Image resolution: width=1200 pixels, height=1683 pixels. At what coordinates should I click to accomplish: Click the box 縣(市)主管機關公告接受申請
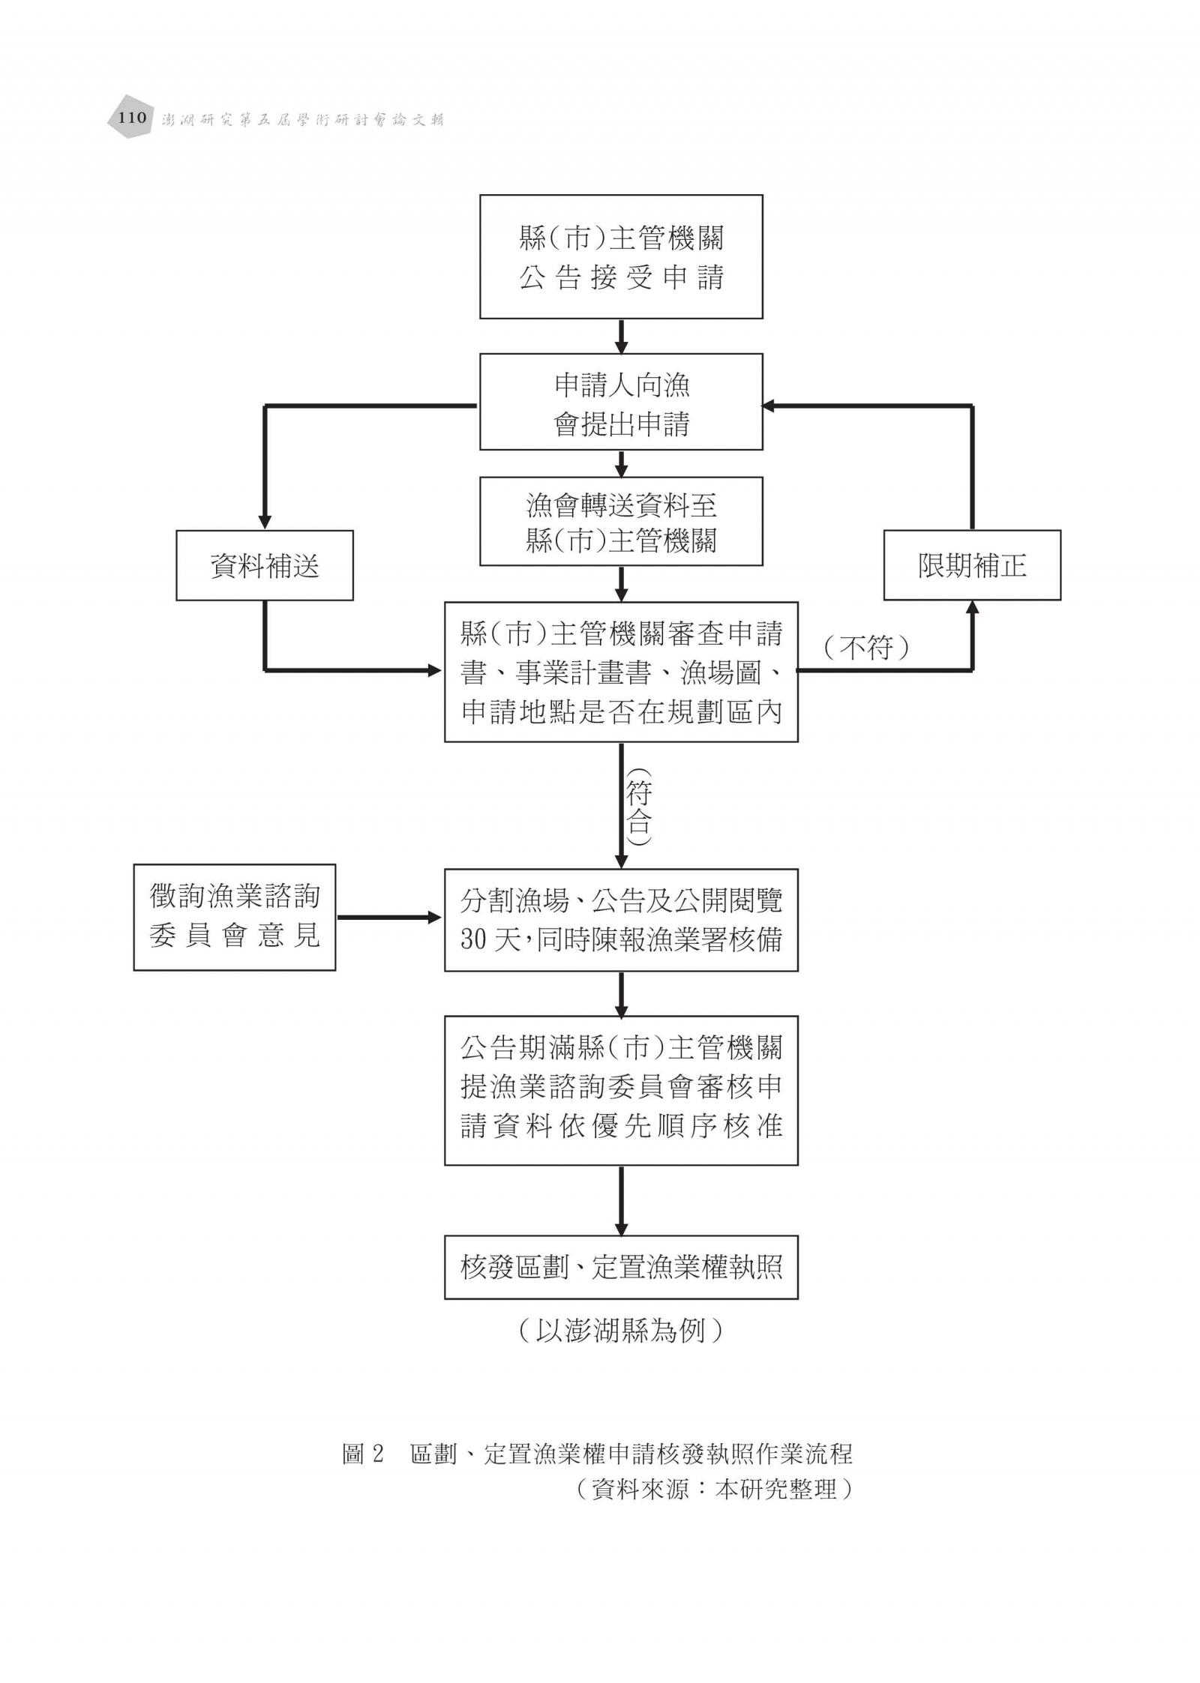tap(621, 257)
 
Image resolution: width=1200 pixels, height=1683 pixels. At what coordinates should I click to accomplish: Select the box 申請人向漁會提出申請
tap(621, 402)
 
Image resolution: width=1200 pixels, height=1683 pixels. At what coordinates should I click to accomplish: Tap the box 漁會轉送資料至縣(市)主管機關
tap(621, 521)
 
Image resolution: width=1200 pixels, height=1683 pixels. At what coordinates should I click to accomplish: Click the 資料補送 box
tap(265, 565)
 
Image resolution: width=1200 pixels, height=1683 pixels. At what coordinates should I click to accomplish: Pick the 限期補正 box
tap(972, 565)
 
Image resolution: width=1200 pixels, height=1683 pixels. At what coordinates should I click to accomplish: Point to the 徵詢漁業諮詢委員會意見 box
tap(235, 917)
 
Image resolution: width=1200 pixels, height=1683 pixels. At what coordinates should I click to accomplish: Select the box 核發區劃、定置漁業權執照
tap(621, 1268)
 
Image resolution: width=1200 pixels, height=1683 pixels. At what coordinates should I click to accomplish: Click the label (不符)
tap(866, 647)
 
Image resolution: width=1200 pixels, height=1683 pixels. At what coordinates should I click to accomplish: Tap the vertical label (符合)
tap(638, 807)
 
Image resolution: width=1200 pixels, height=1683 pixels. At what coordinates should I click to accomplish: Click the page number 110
tap(132, 117)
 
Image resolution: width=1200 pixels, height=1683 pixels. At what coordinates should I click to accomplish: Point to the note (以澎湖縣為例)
tap(621, 1330)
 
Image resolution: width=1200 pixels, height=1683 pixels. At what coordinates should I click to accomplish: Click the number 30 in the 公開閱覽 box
tap(474, 939)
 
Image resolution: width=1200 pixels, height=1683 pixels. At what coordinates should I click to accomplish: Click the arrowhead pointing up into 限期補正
tap(972, 608)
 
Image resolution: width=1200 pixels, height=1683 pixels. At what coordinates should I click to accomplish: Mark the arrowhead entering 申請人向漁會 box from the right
tap(769, 406)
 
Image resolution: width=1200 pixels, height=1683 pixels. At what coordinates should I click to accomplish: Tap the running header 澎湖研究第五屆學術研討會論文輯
tap(303, 119)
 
